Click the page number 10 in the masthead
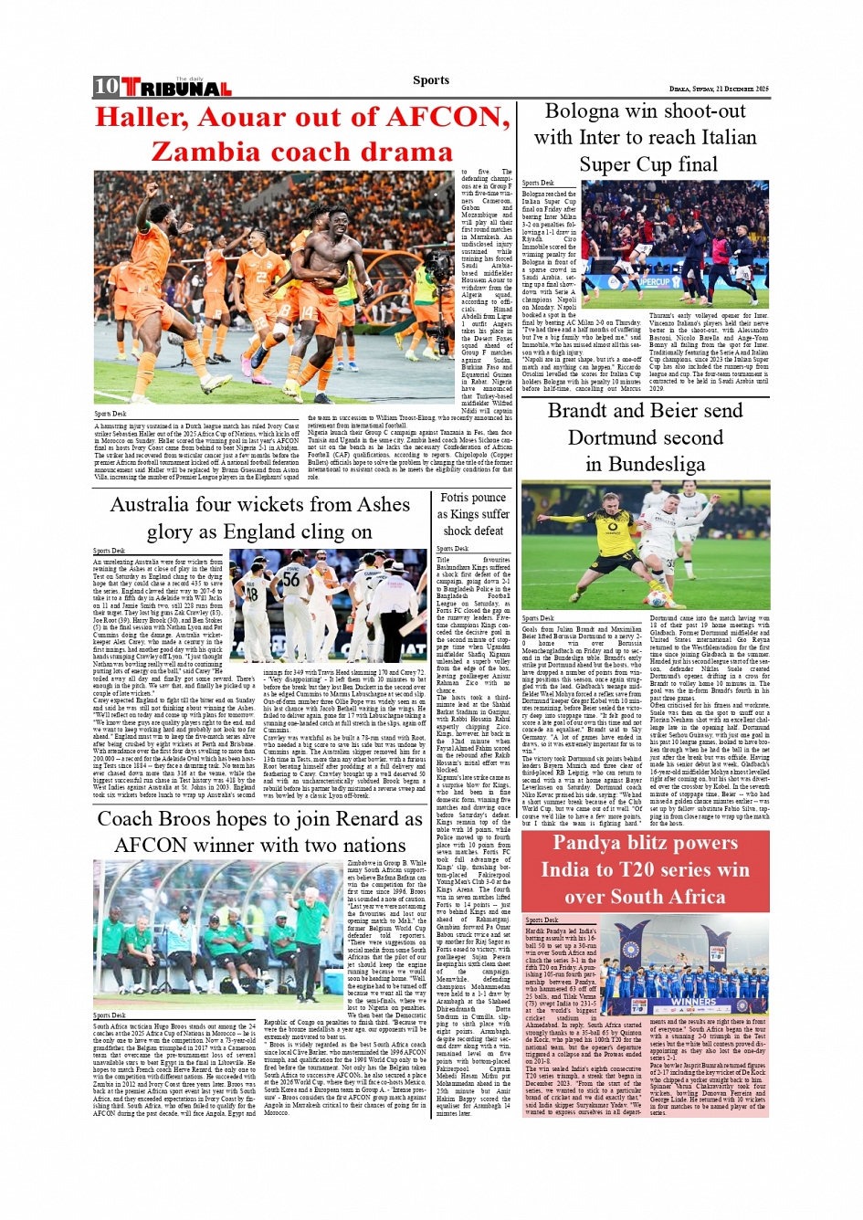point(106,87)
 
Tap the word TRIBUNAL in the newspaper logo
point(176,89)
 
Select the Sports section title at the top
point(430,80)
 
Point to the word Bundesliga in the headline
point(658,464)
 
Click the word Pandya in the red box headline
point(598,844)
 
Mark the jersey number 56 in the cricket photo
point(290,578)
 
